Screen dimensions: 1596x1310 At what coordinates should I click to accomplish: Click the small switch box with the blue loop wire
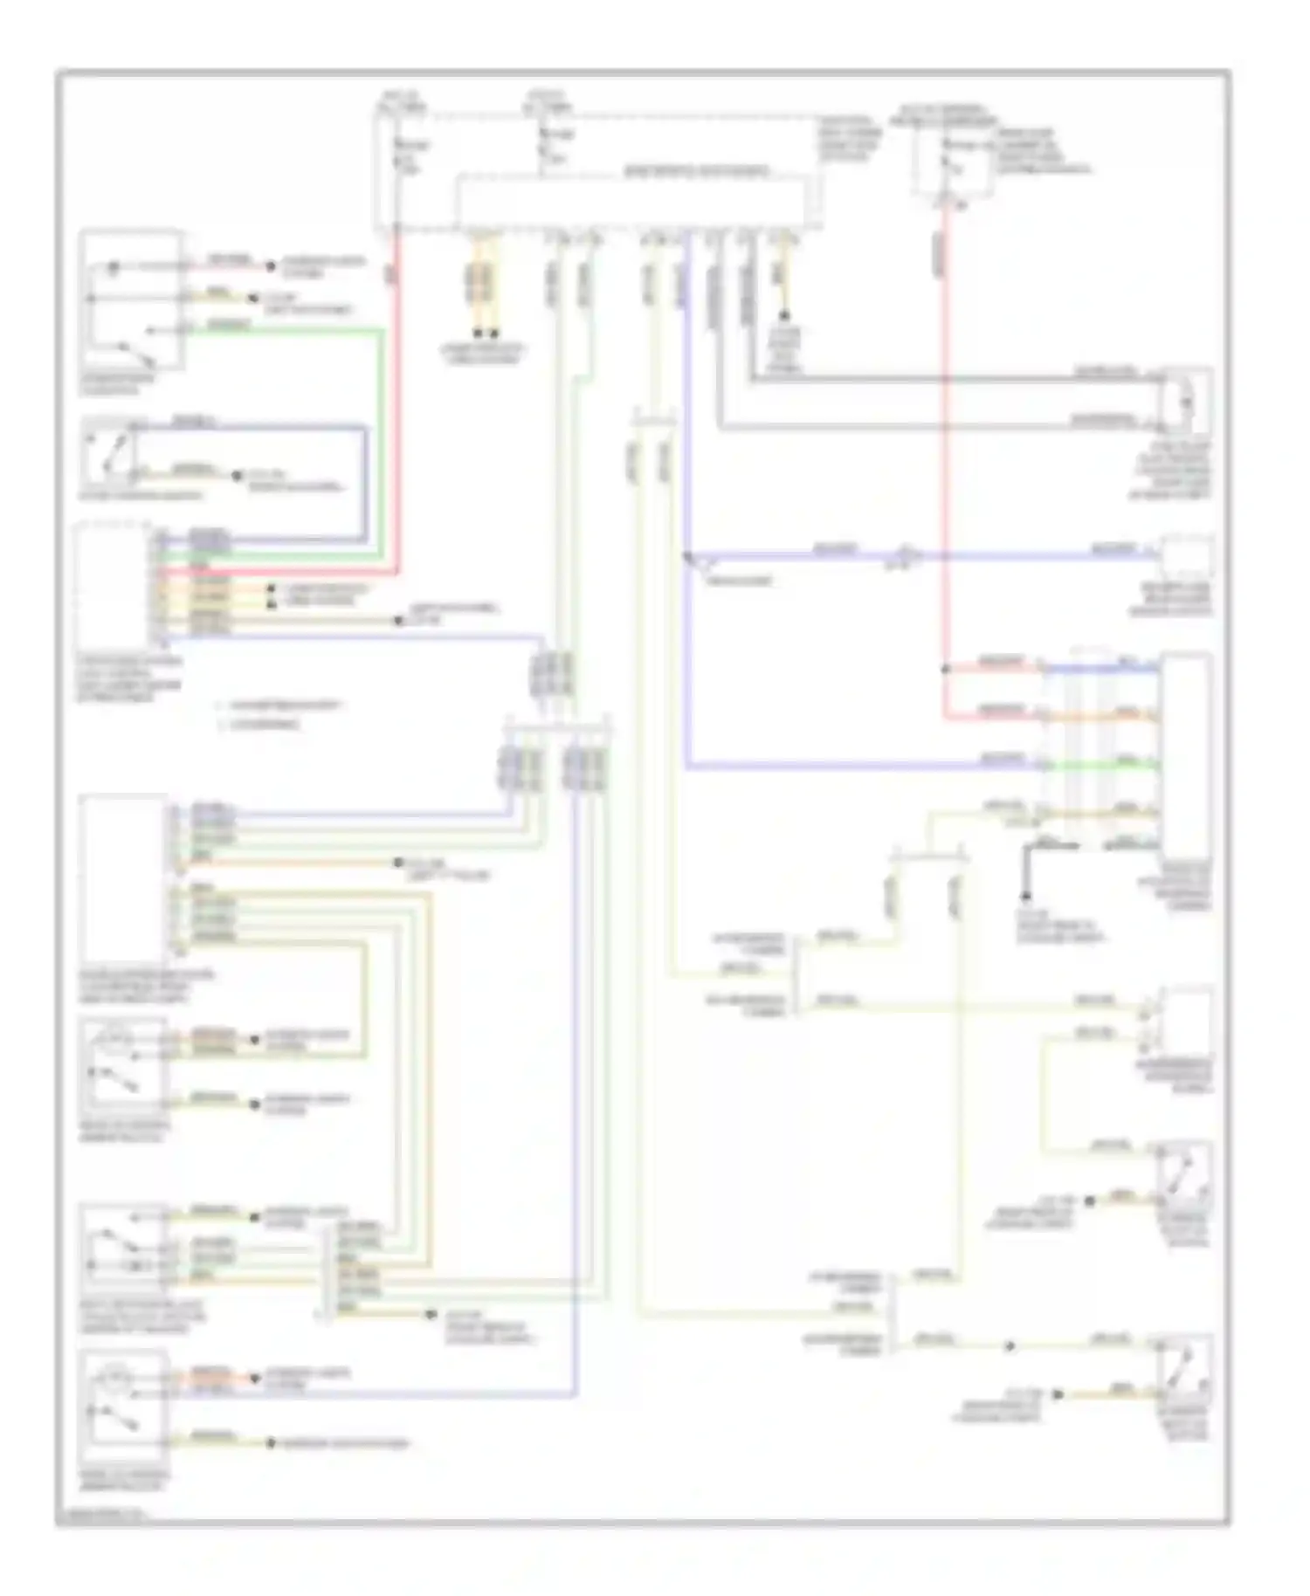tap(110, 454)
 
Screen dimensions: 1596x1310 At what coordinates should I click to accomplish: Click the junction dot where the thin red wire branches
tap(945, 670)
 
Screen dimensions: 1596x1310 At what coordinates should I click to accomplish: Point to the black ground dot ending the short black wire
tap(1026, 897)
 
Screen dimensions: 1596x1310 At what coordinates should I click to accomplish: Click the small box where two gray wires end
tap(1186, 402)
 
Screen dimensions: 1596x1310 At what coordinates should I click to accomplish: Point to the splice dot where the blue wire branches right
tap(688, 555)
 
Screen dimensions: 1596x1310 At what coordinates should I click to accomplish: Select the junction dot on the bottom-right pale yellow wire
tap(1010, 1346)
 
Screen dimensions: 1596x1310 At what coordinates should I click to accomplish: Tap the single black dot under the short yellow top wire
tap(783, 314)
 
